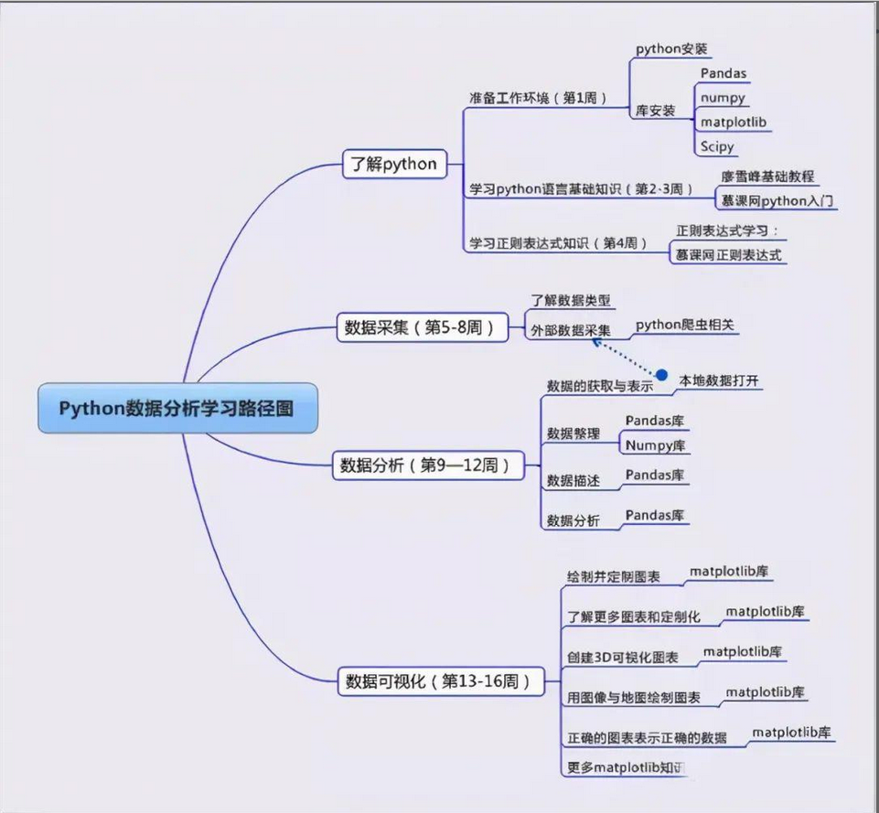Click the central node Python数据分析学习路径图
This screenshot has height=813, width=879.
coord(177,408)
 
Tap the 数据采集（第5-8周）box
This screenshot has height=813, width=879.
coord(422,327)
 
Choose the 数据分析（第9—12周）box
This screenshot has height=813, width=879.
coord(426,465)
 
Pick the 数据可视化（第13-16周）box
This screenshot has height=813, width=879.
coord(438,681)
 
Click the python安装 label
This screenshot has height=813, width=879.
coord(671,48)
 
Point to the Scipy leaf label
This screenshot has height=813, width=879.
coord(717,146)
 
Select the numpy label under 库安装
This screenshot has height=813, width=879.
coord(723,97)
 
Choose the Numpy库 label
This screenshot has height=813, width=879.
coord(655,445)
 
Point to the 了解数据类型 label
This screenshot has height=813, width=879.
coord(570,300)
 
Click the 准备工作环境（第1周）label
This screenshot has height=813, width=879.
coord(537,98)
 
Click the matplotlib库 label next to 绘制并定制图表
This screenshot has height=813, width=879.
coord(729,572)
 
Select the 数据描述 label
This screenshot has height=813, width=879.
coord(573,480)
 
